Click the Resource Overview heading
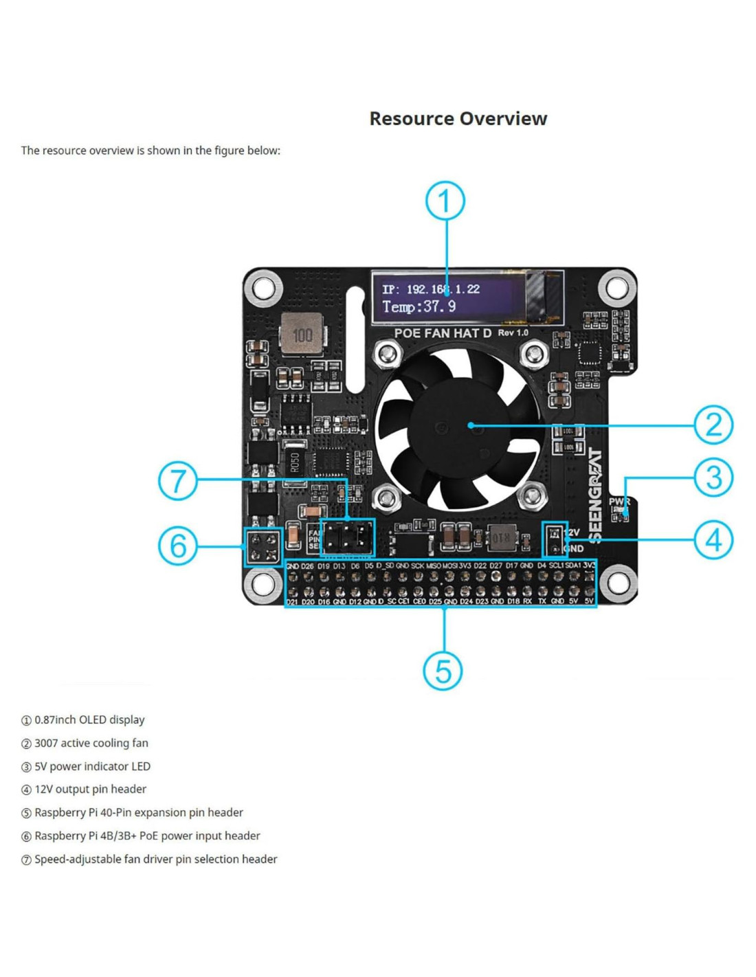(x=458, y=119)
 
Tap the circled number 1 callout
(x=445, y=201)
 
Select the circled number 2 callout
(x=713, y=425)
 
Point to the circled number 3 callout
(x=713, y=478)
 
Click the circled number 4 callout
(x=713, y=539)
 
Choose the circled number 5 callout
(x=443, y=671)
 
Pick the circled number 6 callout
(x=178, y=546)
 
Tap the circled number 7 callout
(x=178, y=480)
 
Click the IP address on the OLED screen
(x=431, y=289)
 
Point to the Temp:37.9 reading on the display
(x=419, y=306)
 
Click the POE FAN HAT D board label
(x=443, y=333)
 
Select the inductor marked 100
(x=302, y=335)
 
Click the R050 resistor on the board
(x=295, y=463)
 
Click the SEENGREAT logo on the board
(x=595, y=495)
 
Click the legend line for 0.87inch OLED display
(x=89, y=720)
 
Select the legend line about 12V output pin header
(x=90, y=789)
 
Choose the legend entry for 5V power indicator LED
(x=92, y=766)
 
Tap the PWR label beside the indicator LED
(x=619, y=502)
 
